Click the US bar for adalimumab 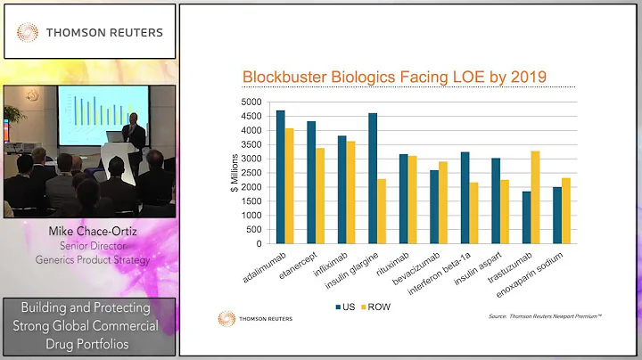coord(281,176)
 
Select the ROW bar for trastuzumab coord(535,197)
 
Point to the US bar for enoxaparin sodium coord(556,215)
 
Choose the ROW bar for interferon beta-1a coord(474,212)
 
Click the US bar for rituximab coord(403,199)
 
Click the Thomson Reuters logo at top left coord(90,32)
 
